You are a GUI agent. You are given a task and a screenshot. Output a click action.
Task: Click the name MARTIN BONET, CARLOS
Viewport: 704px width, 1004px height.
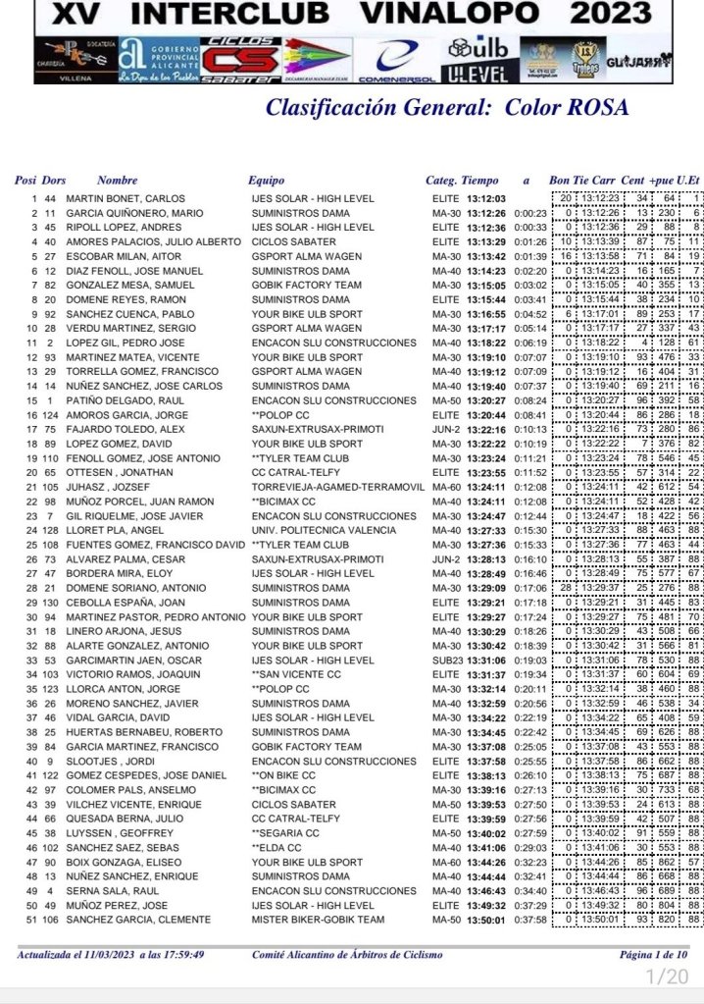tap(126, 198)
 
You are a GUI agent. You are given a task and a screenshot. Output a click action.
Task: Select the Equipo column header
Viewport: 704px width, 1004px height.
tap(267, 181)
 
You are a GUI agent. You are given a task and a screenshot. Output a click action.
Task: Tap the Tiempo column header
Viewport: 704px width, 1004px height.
tap(479, 181)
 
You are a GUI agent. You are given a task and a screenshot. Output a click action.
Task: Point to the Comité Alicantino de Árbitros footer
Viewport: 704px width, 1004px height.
tap(347, 954)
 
